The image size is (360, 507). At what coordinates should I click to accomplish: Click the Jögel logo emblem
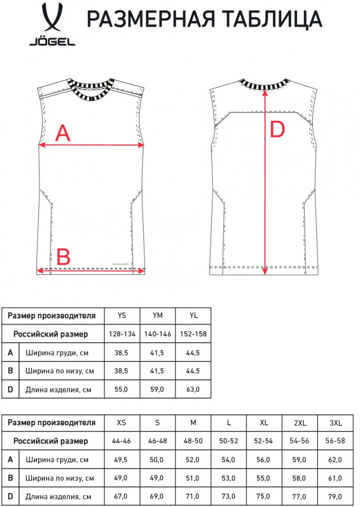(x=52, y=18)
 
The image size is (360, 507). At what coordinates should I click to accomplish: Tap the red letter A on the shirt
(x=63, y=133)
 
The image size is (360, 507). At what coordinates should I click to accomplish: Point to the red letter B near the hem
(x=63, y=257)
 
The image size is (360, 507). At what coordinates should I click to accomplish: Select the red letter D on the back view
(x=277, y=129)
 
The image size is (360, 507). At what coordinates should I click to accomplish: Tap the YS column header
(x=122, y=315)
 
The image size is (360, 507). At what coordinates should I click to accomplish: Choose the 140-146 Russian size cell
(x=158, y=334)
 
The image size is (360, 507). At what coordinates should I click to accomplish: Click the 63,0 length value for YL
(x=193, y=389)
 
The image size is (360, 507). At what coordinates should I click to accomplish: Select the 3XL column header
(x=336, y=423)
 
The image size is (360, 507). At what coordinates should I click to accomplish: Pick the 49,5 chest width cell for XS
(x=121, y=459)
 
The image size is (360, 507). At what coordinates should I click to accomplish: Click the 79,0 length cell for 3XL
(x=335, y=496)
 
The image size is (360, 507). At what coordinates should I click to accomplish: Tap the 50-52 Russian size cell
(x=228, y=441)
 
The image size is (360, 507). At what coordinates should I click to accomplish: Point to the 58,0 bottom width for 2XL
(x=299, y=478)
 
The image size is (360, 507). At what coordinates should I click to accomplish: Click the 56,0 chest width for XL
(x=263, y=459)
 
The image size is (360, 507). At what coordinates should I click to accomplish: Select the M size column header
(x=193, y=423)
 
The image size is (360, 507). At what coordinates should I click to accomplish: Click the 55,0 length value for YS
(x=121, y=389)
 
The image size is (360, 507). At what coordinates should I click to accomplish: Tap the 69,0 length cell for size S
(x=157, y=496)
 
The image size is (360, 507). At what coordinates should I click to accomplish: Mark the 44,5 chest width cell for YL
(x=193, y=353)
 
